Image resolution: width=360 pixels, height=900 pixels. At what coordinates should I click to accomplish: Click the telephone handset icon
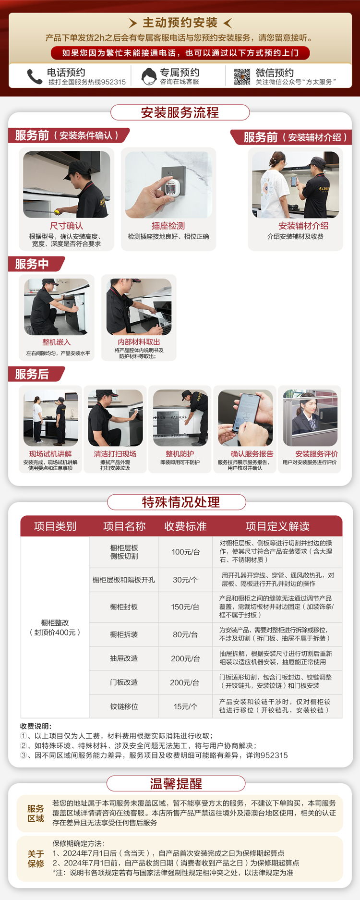35,76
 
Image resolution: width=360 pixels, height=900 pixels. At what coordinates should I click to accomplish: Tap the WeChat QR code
242,77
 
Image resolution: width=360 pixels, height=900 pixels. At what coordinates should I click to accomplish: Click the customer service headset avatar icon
149,76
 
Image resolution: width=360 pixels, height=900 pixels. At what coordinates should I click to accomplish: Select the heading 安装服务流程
180,113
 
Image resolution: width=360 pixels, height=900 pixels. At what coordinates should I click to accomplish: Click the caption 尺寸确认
66,226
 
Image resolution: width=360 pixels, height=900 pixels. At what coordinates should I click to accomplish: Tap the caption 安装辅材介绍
303,226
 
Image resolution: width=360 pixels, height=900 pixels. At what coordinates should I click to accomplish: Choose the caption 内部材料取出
139,342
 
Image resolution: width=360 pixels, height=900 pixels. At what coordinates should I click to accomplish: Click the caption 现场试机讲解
50,454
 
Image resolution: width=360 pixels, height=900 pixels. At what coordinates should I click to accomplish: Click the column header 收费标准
185,526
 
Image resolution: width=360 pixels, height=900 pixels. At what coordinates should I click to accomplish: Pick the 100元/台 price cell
185,552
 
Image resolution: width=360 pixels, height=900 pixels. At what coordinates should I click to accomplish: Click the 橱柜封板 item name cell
124,607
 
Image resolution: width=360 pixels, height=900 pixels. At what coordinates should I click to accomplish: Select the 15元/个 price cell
185,706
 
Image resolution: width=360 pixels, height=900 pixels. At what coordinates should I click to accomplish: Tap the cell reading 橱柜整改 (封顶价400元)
55,627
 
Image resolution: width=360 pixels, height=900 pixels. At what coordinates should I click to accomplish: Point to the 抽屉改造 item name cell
124,658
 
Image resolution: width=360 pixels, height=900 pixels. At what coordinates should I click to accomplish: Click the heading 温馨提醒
176,784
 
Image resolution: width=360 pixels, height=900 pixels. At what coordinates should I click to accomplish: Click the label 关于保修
36,859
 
